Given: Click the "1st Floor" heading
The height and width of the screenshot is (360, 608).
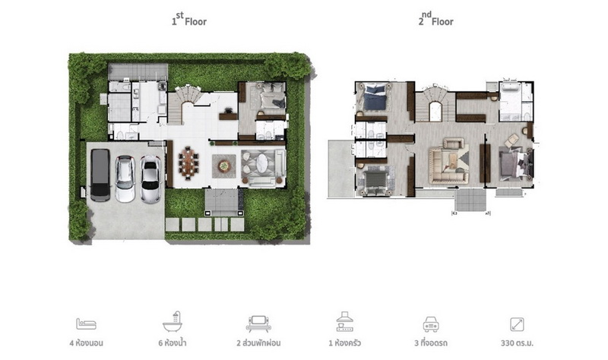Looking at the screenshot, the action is point(189,19).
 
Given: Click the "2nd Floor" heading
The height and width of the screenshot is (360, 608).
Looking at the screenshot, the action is point(435,19).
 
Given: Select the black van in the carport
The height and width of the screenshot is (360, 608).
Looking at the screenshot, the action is point(100,175).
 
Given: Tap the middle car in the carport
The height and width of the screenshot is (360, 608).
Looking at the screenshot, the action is point(125,178).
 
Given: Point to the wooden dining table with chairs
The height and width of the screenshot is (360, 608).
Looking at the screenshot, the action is point(188,163).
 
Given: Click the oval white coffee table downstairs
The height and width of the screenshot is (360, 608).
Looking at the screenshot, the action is point(261,163).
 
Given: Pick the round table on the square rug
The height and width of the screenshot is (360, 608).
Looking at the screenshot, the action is point(223,166).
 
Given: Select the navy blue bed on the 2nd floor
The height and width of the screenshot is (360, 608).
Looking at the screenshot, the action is point(375,98).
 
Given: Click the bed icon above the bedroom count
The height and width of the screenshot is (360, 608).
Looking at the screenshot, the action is point(86,324).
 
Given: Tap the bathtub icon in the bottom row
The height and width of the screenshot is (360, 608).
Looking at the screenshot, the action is point(173,321).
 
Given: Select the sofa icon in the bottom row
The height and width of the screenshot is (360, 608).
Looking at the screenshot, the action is point(258,324).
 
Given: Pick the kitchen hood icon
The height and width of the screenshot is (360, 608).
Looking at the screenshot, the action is point(344,321).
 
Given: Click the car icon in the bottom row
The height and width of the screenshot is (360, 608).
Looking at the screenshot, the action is point(431,324).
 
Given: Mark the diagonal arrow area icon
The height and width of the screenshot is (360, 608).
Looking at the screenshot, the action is point(517,324).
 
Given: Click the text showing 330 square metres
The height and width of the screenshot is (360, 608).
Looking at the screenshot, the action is point(517,343).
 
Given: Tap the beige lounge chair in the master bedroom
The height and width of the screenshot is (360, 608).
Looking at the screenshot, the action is point(511,141).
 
